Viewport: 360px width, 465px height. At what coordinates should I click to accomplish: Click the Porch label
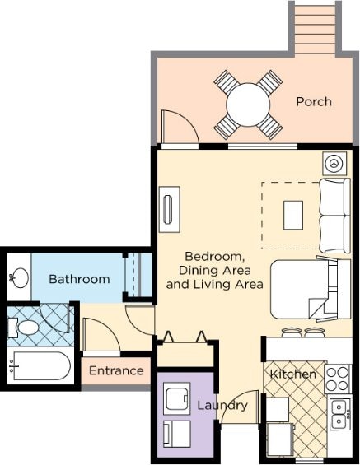point(314,102)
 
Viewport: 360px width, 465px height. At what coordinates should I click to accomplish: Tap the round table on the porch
point(248,105)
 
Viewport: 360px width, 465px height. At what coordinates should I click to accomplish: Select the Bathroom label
point(79,279)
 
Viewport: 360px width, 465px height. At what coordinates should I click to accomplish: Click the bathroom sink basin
point(21,278)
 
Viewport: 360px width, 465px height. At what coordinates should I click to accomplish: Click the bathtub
point(41,366)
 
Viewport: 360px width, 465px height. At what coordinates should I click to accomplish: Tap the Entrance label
point(116,370)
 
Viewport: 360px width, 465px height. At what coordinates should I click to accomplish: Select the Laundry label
point(222,405)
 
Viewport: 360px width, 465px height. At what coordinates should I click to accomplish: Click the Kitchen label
point(292,374)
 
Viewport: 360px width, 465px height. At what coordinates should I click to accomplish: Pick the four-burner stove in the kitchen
point(338,379)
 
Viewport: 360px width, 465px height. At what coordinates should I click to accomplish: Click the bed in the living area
point(311,290)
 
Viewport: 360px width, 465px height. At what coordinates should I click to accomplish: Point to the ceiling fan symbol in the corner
point(334,164)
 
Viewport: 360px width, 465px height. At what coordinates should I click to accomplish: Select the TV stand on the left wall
point(170,209)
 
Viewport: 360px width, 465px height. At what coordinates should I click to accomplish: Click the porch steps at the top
point(315,27)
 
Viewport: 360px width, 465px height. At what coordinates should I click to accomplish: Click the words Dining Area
point(215,270)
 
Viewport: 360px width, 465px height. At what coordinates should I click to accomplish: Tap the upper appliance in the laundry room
point(177,398)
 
